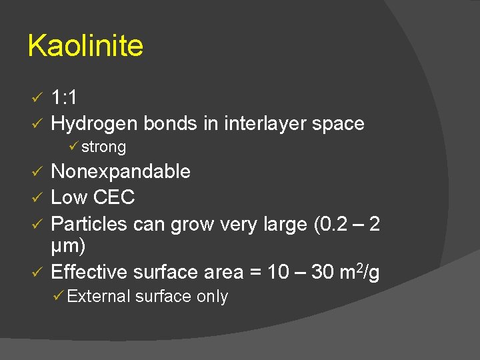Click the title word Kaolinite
coord(85,46)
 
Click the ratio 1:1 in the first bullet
coord(64,98)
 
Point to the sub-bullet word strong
coord(103,147)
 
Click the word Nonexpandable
coord(121,171)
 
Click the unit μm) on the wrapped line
coord(68,247)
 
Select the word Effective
coord(89,272)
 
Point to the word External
coord(99,297)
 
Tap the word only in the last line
coord(213,297)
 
